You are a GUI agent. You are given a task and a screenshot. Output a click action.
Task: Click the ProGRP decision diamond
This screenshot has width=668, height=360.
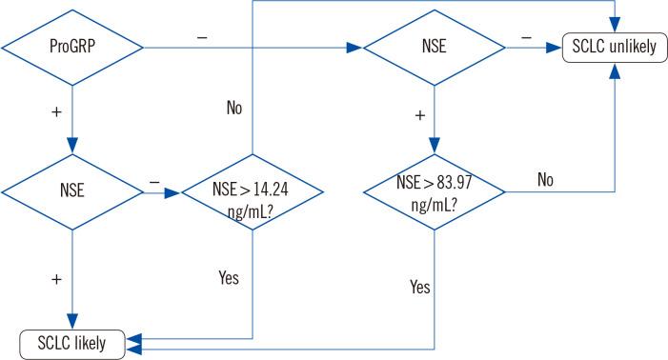coord(72,45)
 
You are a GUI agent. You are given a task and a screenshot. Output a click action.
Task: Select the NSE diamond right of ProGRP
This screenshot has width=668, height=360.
coord(435,45)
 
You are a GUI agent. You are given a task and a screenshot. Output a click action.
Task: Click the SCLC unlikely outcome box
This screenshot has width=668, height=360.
coord(613,45)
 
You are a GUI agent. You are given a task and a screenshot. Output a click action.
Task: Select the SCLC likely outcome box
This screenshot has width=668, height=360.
coord(72,342)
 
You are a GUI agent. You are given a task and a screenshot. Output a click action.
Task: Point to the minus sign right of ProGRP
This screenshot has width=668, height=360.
coord(201,35)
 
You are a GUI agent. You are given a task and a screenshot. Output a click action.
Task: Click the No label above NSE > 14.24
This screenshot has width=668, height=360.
coord(234,108)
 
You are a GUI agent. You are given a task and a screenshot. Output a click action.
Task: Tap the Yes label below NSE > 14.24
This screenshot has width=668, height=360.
coord(227,279)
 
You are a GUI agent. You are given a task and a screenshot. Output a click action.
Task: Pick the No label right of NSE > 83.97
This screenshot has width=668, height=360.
coord(545,179)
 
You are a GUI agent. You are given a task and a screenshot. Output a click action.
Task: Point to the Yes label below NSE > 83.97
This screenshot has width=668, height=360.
coord(419,286)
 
